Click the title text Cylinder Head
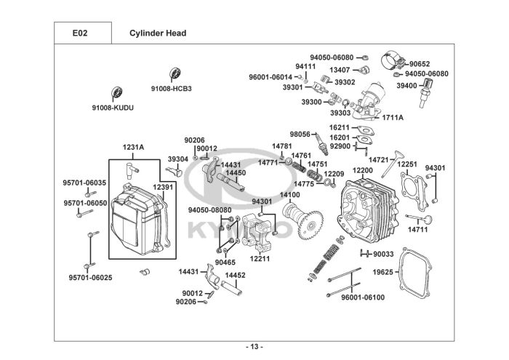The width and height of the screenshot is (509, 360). point(158,33)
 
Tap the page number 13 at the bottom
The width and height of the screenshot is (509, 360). point(254,345)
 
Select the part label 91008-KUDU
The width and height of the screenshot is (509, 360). point(113,108)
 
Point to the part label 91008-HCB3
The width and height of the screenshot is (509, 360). point(172,89)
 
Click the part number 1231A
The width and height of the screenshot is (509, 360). point(133,147)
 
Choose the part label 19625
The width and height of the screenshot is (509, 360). point(383,272)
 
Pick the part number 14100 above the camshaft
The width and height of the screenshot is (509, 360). point(290,195)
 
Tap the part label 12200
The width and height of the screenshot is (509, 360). point(363,170)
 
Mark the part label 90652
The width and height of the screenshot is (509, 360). point(419,64)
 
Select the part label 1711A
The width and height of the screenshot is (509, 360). point(393,117)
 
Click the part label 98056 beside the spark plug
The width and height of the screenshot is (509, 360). point(300,135)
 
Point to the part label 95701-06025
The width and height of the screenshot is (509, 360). point(90,277)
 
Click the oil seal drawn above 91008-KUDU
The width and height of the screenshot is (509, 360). point(116,94)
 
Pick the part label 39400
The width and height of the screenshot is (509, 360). point(407,86)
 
